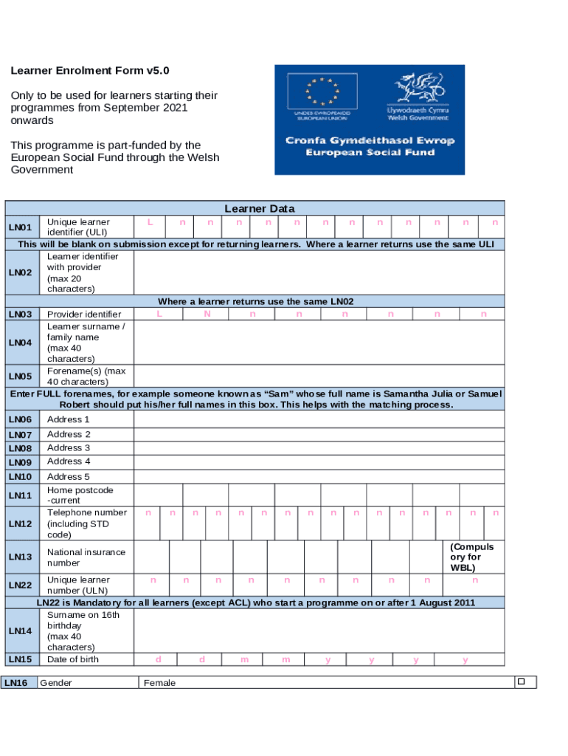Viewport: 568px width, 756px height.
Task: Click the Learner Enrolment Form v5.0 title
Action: [x=89, y=71]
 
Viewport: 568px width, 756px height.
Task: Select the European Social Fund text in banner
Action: [x=370, y=153]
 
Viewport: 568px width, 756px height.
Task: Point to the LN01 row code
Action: [x=20, y=227]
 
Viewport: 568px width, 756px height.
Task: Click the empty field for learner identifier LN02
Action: [x=319, y=272]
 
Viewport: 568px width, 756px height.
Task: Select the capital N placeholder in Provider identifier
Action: [x=207, y=314]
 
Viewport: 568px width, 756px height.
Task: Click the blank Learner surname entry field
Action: [x=319, y=343]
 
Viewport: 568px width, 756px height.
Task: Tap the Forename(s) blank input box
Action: [x=319, y=376]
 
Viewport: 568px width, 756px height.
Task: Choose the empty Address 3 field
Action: [x=319, y=448]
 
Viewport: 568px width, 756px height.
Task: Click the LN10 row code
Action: [x=20, y=477]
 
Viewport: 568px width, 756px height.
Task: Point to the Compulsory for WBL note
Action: [x=471, y=557]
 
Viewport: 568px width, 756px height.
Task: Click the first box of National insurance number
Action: [x=151, y=557]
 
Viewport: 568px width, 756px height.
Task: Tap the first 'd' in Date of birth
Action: [x=159, y=659]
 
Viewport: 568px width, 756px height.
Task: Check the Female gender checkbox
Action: [x=520, y=681]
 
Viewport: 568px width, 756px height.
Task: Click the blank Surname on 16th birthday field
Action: [x=319, y=630]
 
